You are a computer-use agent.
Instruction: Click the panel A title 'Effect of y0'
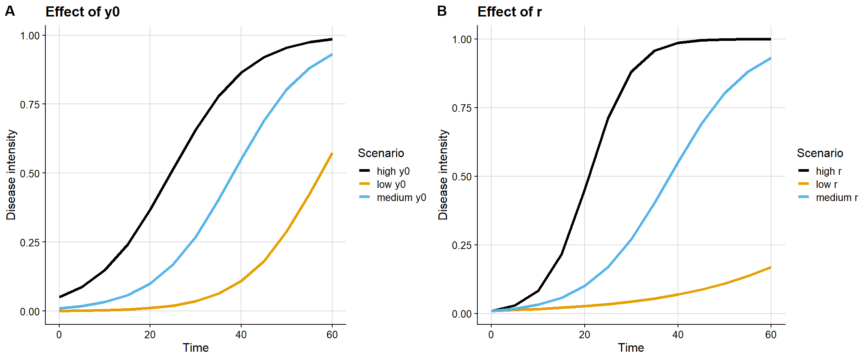(x=82, y=12)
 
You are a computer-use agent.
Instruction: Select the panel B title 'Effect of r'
(x=509, y=12)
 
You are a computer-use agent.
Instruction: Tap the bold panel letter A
(x=10, y=11)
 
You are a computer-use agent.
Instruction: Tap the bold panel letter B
(x=442, y=11)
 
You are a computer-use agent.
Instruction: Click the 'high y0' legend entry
(x=393, y=171)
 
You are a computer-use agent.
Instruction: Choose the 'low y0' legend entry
(x=391, y=184)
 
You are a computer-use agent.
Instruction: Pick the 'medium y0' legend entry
(x=401, y=198)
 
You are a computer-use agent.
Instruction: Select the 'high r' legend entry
(x=828, y=171)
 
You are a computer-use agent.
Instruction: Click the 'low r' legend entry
(x=826, y=184)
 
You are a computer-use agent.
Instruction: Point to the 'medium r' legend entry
(x=837, y=198)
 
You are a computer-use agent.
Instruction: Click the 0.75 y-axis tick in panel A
(x=30, y=105)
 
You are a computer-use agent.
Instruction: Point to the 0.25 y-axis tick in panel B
(x=462, y=245)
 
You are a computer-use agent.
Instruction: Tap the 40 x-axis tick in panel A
(x=241, y=335)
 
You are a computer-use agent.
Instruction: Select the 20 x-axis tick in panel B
(x=584, y=335)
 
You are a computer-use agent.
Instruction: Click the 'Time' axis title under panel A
(x=195, y=348)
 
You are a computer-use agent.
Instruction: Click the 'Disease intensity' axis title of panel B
(x=443, y=175)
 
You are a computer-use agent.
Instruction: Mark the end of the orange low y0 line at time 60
(x=332, y=154)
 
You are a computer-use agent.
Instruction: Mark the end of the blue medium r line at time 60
(x=771, y=58)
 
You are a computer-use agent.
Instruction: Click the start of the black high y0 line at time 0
(x=60, y=297)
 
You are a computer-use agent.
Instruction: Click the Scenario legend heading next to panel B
(x=820, y=153)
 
